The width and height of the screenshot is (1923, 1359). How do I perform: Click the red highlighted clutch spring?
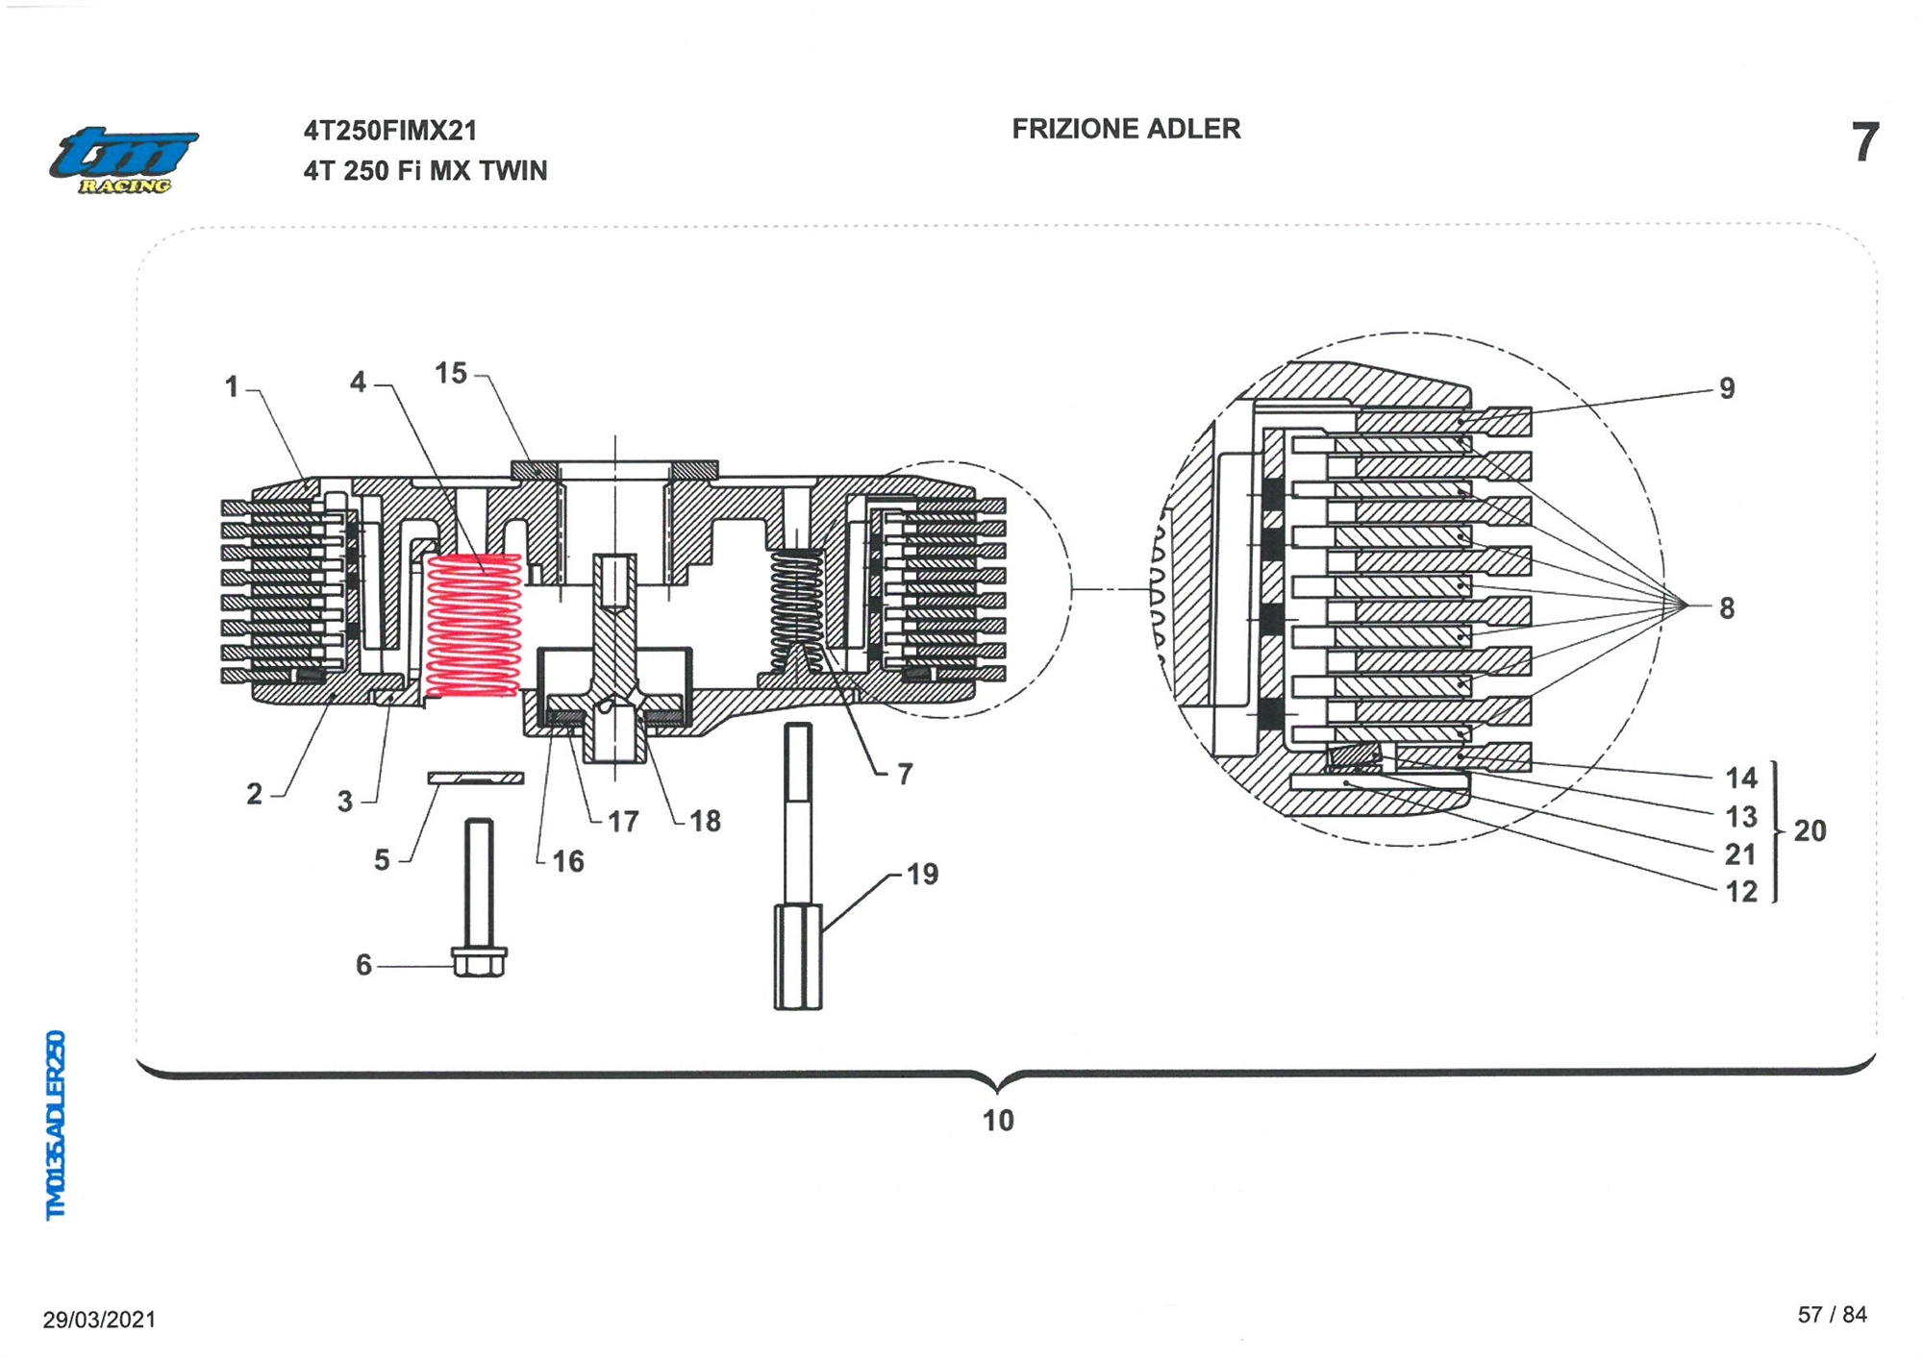(473, 625)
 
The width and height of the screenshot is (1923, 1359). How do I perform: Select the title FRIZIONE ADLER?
(1126, 129)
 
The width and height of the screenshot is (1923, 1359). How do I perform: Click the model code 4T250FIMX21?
(390, 131)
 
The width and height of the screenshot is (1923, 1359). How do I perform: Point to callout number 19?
(922, 874)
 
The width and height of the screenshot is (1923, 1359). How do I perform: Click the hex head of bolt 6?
(479, 961)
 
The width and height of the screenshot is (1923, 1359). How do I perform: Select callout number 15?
(451, 373)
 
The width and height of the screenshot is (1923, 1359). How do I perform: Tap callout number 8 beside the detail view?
(1727, 608)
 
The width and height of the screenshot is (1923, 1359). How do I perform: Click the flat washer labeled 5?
(476, 778)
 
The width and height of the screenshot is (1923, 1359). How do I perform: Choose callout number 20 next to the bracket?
(1810, 830)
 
